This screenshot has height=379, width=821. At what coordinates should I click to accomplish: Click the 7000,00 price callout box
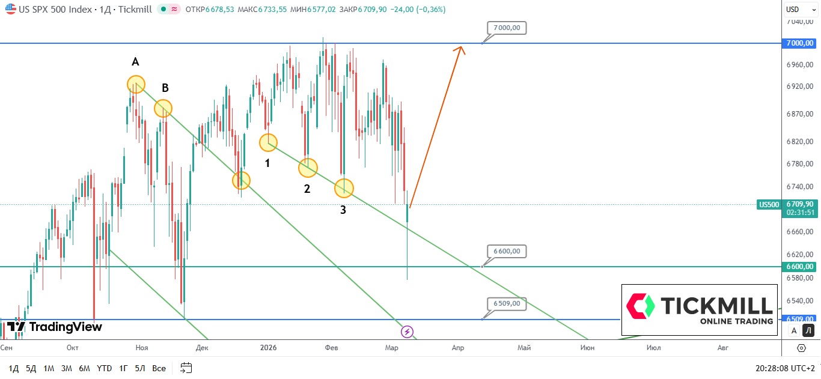click(507, 28)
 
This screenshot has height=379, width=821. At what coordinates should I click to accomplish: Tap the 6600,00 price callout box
click(507, 251)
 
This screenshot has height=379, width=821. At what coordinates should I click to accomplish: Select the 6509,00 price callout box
click(507, 304)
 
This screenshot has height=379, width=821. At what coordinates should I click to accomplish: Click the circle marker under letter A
click(136, 85)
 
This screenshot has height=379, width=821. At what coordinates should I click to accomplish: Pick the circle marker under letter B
click(163, 109)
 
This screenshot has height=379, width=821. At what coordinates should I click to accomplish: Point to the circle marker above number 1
click(268, 142)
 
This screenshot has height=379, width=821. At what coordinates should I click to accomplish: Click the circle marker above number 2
click(308, 168)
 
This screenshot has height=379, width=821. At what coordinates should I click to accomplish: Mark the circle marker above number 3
click(344, 188)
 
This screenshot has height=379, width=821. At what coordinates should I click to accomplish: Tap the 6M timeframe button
click(85, 368)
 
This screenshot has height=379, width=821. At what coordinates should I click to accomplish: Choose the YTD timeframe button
click(105, 368)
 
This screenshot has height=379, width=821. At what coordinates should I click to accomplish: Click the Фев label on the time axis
click(331, 348)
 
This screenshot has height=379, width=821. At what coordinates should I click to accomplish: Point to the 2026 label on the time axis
click(269, 348)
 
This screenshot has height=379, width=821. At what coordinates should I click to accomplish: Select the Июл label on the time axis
click(653, 348)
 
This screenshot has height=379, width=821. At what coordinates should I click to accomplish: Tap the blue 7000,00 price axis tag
click(800, 43)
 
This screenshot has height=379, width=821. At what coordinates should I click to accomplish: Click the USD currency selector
click(800, 9)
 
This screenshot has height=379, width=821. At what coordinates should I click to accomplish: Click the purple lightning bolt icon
click(407, 332)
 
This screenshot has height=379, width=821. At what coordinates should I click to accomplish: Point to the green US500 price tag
click(769, 205)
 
